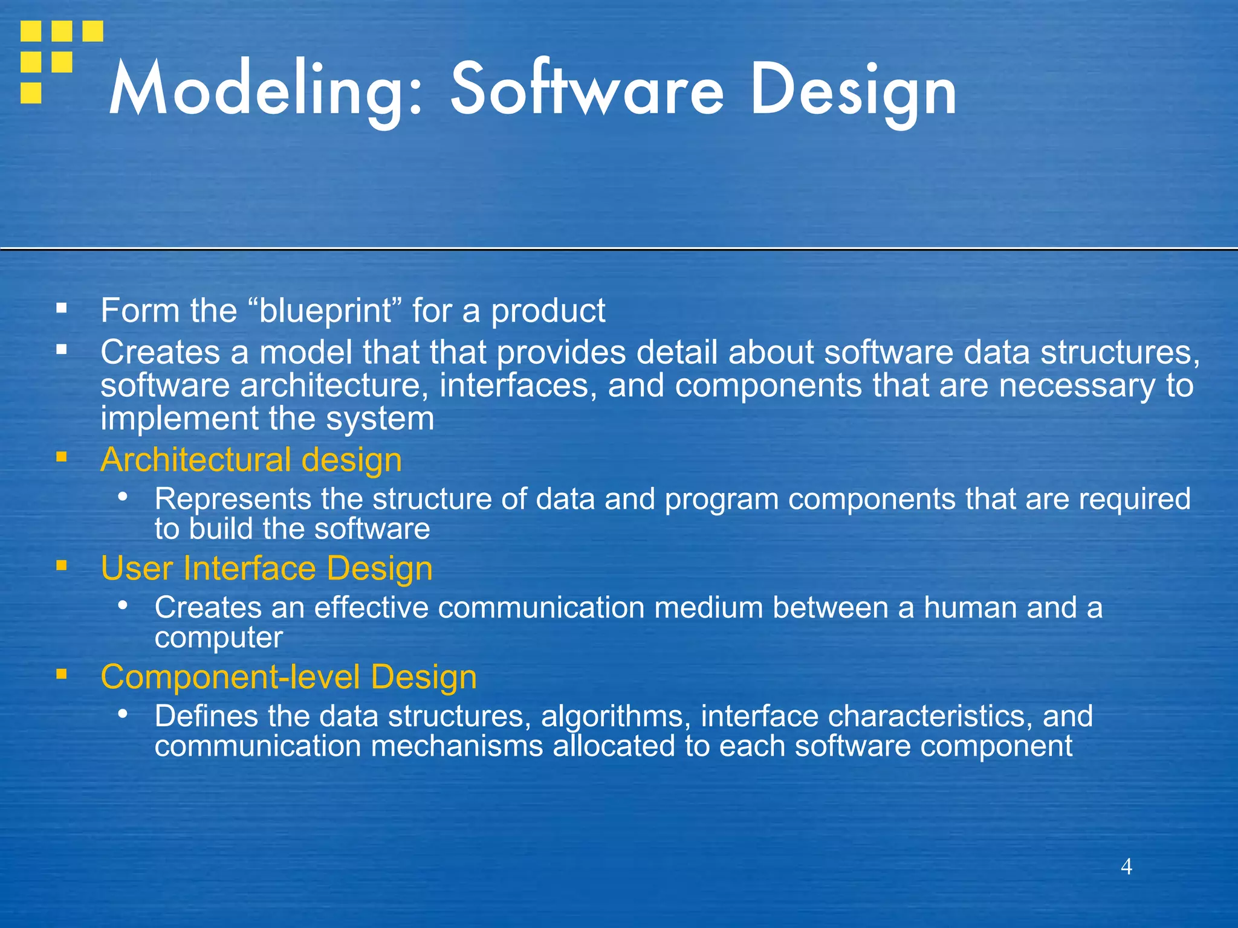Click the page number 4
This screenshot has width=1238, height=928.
click(x=1126, y=866)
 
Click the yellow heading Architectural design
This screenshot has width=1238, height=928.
click(x=251, y=460)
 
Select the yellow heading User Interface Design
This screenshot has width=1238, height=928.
click(x=267, y=569)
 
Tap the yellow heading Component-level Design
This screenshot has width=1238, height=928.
click(x=288, y=677)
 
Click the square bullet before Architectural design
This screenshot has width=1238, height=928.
click(x=61, y=457)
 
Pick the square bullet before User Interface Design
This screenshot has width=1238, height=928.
click(x=61, y=565)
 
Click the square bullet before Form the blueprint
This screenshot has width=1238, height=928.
click(x=61, y=308)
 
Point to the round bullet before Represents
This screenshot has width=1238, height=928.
click(x=123, y=497)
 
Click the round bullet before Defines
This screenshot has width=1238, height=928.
click(x=123, y=714)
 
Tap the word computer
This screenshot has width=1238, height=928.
click(x=218, y=638)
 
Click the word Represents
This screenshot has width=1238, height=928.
click(x=233, y=499)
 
